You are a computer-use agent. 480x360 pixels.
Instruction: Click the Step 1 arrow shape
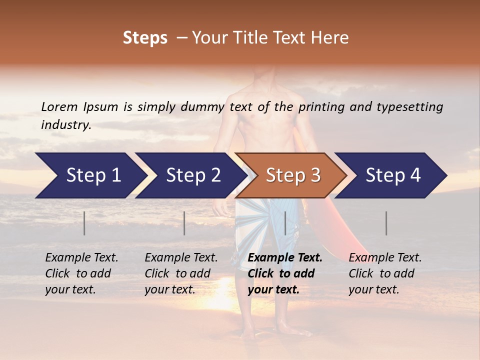[x=90, y=175]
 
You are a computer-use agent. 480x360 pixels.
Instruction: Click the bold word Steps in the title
[x=145, y=38]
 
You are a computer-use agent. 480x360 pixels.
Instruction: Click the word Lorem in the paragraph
[x=59, y=106]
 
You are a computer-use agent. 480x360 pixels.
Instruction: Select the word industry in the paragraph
[x=65, y=124]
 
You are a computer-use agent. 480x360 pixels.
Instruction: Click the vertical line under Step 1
[x=84, y=223]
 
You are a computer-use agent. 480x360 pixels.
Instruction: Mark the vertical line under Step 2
[x=184, y=223]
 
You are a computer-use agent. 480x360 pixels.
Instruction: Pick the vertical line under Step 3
[x=285, y=223]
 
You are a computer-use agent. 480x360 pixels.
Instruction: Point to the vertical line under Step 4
[x=386, y=223]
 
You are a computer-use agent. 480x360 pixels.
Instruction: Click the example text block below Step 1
[x=81, y=273]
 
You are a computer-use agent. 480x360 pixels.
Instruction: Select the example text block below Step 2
[x=181, y=273]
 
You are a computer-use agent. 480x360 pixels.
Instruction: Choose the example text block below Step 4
[x=385, y=273]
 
